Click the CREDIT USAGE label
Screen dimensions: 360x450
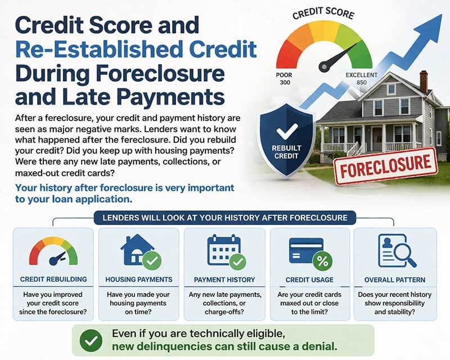click(x=309, y=280)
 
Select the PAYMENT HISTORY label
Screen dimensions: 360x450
click(x=224, y=280)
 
